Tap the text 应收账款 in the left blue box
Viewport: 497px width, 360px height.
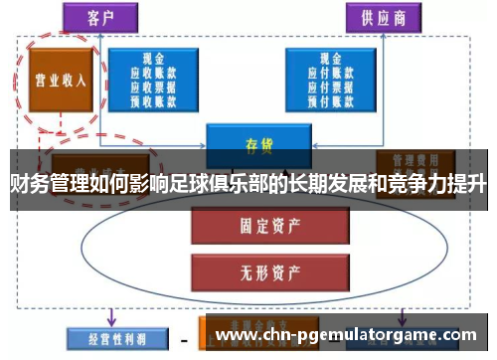pyautogui.click(x=152, y=73)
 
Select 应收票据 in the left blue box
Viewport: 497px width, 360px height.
pyautogui.click(x=152, y=87)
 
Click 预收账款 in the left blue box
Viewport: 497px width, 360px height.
pyautogui.click(x=152, y=100)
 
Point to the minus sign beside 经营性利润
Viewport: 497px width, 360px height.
pyautogui.click(x=184, y=339)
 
